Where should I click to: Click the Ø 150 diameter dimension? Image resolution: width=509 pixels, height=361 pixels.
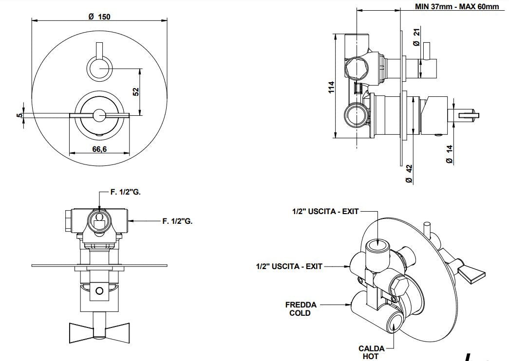click(99, 16)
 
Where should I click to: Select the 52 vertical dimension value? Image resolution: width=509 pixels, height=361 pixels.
click(136, 91)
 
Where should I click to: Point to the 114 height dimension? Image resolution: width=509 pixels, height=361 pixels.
click(331, 87)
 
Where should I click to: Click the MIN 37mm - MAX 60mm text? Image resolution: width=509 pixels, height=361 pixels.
click(456, 6)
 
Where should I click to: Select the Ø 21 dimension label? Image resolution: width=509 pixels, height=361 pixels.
click(416, 38)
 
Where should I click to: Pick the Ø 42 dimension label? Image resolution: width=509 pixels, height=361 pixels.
click(409, 173)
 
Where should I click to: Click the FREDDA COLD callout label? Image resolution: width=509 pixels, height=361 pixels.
click(301, 309)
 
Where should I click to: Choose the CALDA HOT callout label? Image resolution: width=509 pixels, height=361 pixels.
click(371, 352)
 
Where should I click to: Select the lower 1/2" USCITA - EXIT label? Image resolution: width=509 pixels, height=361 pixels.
click(289, 267)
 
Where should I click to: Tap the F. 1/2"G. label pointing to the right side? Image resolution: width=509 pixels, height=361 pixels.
click(177, 221)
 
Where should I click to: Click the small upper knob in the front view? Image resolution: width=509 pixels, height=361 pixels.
click(99, 68)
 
